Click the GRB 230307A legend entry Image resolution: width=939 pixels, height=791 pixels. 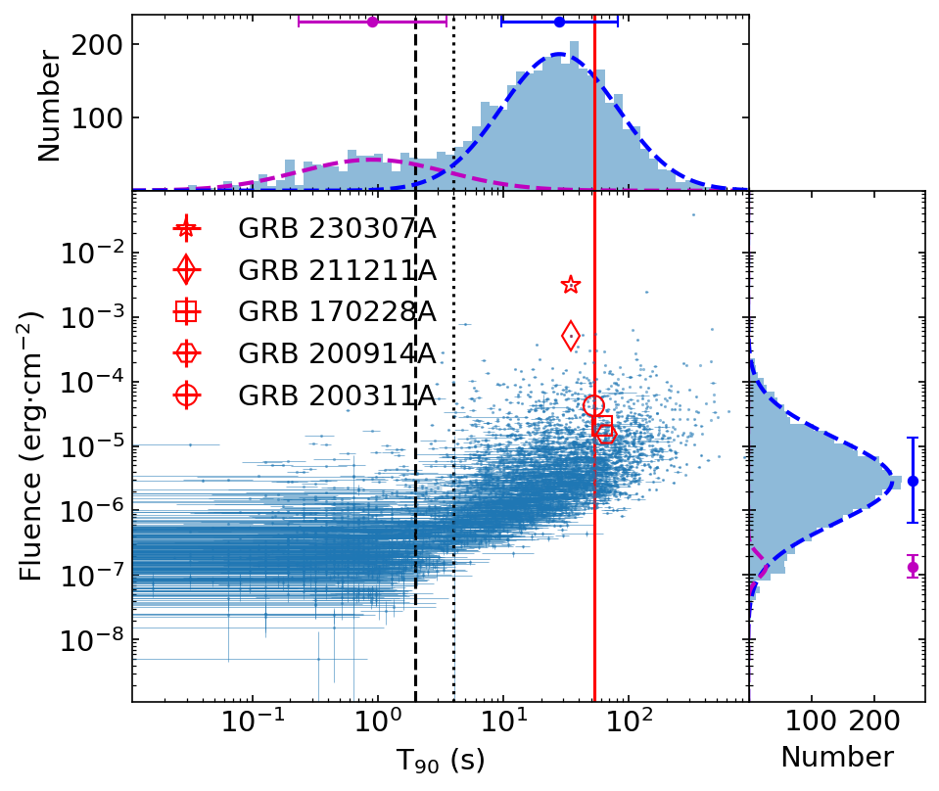click(x=336, y=229)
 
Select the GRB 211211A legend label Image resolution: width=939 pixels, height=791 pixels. click(x=336, y=270)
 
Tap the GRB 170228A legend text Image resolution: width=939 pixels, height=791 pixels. click(x=336, y=312)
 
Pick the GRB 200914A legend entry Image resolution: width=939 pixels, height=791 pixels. click(x=336, y=353)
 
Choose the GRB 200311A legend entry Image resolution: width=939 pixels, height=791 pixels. click(x=336, y=395)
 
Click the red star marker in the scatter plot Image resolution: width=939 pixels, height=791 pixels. click(x=571, y=285)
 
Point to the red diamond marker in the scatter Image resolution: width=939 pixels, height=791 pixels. click(x=571, y=336)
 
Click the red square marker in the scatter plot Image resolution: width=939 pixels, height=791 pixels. click(x=603, y=424)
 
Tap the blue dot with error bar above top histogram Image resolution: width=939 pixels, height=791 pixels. click(x=559, y=22)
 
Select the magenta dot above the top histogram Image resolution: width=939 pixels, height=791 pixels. click(x=372, y=22)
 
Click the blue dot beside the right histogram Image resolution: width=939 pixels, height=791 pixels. click(x=913, y=481)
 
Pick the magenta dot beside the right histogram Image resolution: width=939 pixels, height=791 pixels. click(x=913, y=567)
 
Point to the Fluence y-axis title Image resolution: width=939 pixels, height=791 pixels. click(x=32, y=445)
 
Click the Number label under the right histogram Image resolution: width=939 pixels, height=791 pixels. click(x=836, y=758)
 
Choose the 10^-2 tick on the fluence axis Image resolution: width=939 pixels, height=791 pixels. click(x=90, y=253)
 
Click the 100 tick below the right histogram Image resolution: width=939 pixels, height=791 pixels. click(x=812, y=726)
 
